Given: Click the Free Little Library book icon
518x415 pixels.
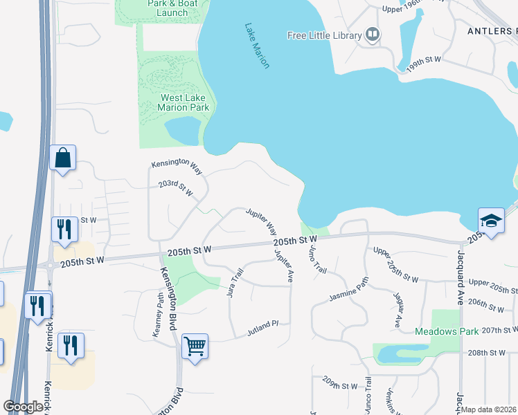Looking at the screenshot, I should [x=373, y=35].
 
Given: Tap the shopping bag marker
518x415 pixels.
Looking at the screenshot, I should [x=63, y=158].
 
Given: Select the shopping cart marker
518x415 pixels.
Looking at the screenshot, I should [x=195, y=345].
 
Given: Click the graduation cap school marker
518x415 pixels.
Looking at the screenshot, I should [x=491, y=221].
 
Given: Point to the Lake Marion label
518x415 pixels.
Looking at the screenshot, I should [x=256, y=46].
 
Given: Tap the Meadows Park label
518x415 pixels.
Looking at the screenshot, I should [x=447, y=331].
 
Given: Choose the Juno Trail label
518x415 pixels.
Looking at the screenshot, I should [x=317, y=258].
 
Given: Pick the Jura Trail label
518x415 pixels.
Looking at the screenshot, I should [x=235, y=282].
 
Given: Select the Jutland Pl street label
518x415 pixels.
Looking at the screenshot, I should [x=262, y=330].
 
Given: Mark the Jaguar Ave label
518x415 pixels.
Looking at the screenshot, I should [x=396, y=310].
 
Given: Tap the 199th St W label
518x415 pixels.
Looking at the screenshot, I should [x=424, y=61].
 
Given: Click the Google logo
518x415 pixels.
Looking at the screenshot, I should [x=24, y=407].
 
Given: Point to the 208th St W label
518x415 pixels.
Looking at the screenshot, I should [x=486, y=353].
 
